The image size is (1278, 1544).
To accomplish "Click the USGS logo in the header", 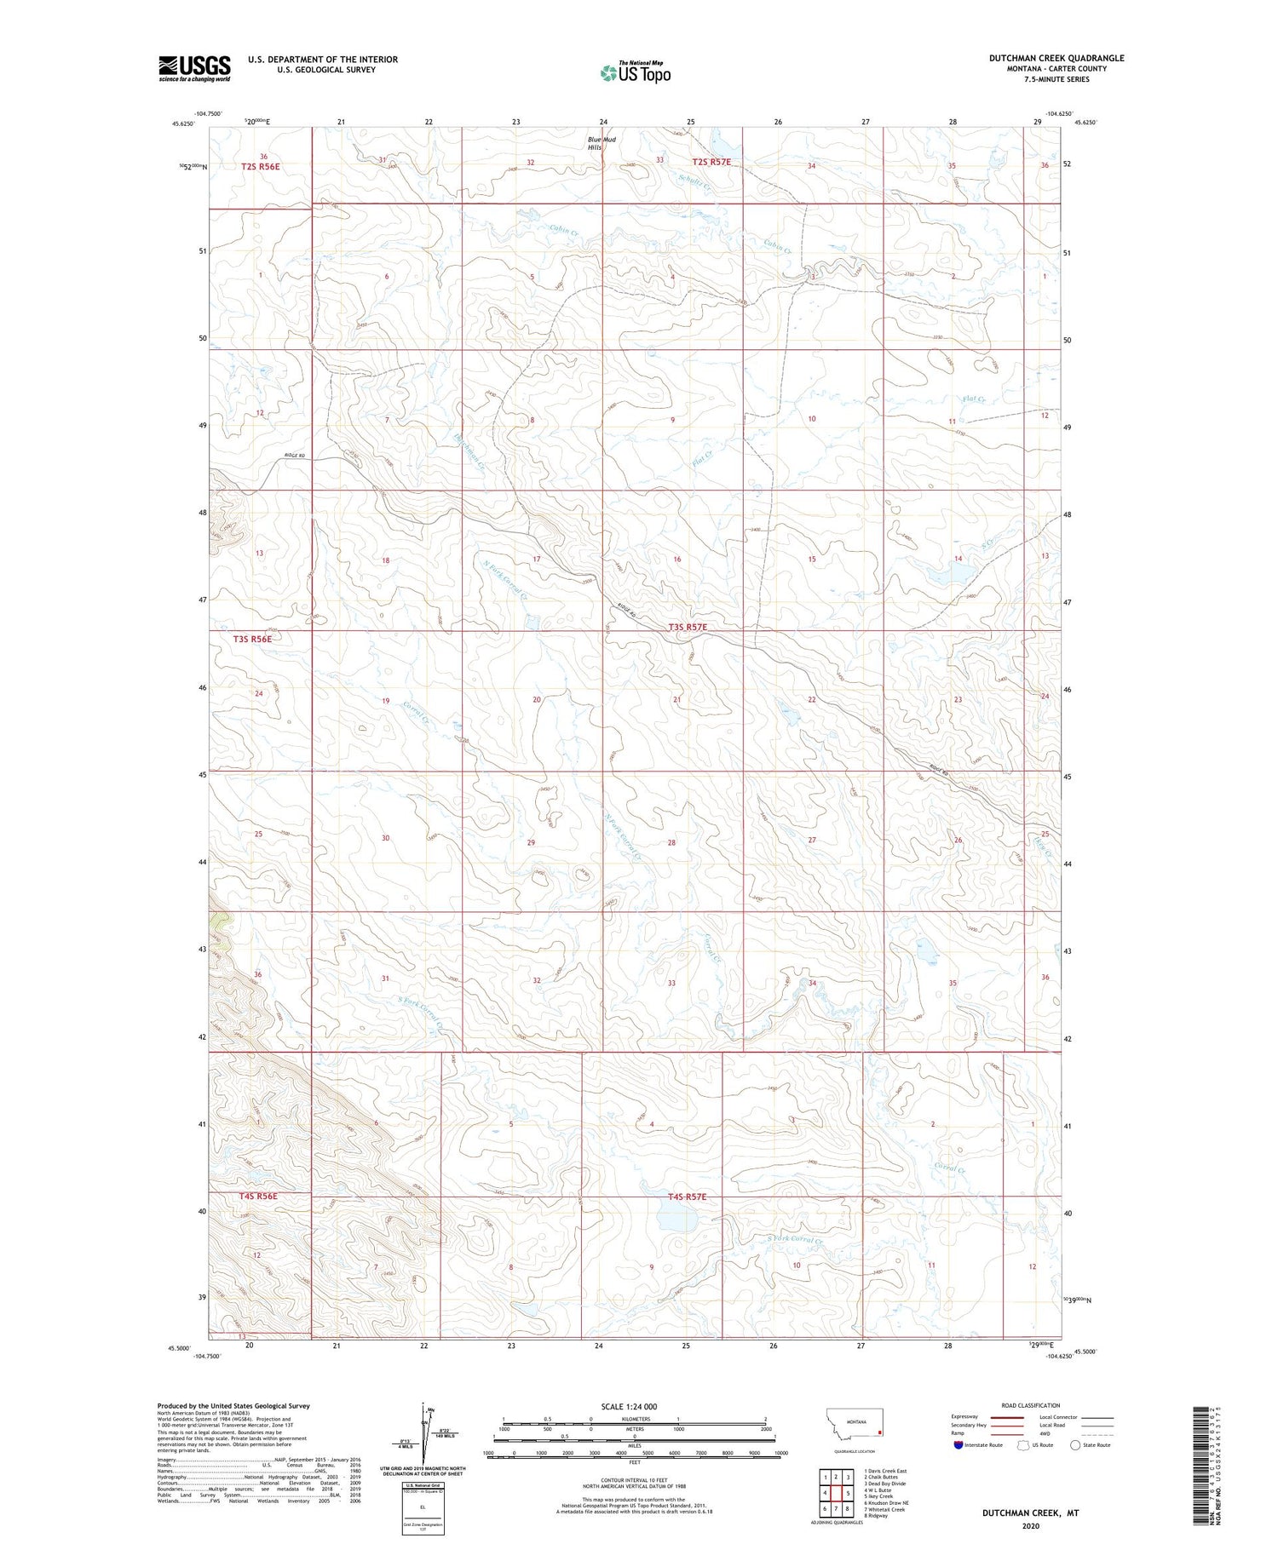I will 194,68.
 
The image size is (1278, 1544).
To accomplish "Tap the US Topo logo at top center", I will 635,73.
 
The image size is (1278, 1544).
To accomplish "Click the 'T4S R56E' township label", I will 258,1196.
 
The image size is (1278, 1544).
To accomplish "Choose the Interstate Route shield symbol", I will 959,1445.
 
